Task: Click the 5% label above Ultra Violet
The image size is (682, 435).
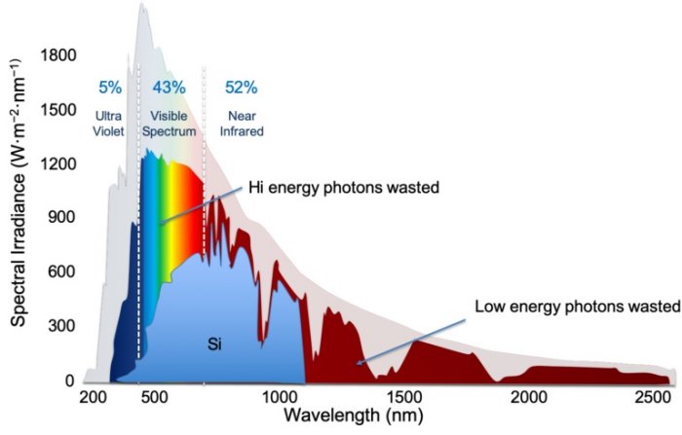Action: pos(110,88)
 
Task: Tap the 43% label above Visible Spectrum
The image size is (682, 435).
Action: pos(169,88)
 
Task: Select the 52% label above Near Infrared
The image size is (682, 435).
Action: pos(241,88)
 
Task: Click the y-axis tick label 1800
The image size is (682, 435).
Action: pos(57,55)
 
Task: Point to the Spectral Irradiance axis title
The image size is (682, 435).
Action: pos(17,205)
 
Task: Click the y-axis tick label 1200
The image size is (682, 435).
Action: pos(57,164)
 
